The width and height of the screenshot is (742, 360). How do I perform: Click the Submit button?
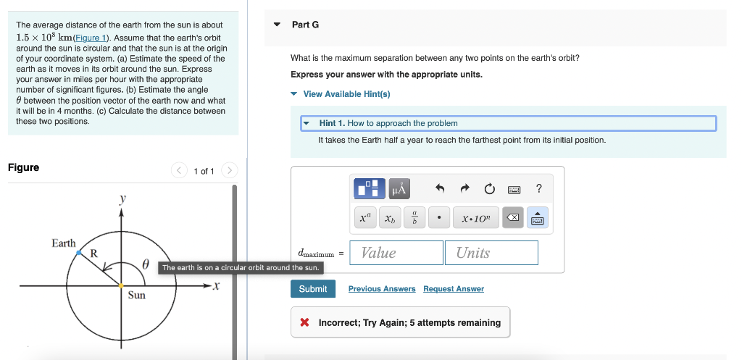tap(313, 289)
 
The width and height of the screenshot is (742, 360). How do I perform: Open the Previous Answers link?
tap(382, 289)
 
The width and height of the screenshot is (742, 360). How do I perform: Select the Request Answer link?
tap(454, 289)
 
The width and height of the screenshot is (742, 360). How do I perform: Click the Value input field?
tap(396, 253)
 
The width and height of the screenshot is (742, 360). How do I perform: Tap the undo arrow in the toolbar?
tap(440, 189)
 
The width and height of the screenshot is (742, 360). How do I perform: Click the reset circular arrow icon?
tap(489, 189)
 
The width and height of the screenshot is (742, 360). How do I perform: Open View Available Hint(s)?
tap(346, 94)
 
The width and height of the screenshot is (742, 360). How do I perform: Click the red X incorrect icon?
tap(306, 322)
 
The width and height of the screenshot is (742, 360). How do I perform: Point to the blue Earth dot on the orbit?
tap(79, 252)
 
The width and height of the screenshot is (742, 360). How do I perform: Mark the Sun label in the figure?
tap(136, 296)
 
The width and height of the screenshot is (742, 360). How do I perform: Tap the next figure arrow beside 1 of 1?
tap(229, 171)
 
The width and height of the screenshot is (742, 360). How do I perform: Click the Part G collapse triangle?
tap(277, 25)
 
